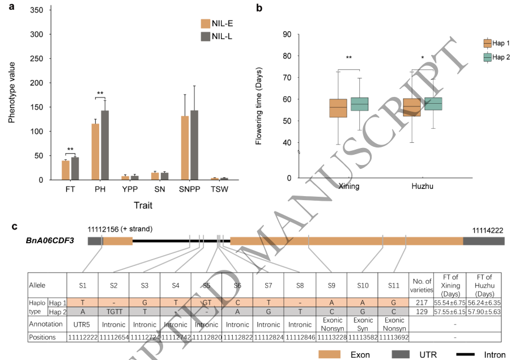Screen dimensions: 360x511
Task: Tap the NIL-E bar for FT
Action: pyautogui.click(x=66, y=170)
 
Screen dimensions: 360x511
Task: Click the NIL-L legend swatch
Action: pyautogui.click(x=206, y=37)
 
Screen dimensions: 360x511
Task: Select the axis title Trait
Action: pyautogui.click(x=142, y=205)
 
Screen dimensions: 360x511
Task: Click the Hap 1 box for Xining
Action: pyautogui.click(x=338, y=108)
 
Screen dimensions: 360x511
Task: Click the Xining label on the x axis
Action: pyautogui.click(x=349, y=185)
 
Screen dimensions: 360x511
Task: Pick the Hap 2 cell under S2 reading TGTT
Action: pyautogui.click(x=114, y=313)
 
